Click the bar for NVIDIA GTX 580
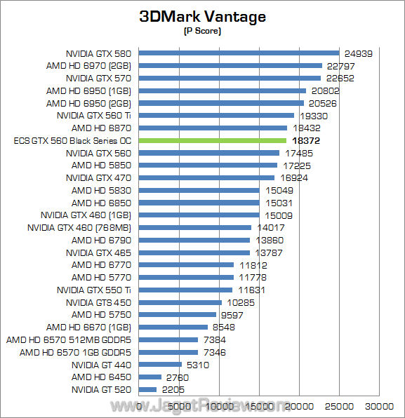(239, 53)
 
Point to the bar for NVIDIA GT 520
(148, 389)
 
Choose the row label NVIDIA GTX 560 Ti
(94, 115)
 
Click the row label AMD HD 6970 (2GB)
(89, 65)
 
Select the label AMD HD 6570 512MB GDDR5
(69, 339)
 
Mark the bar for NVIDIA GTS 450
(180, 302)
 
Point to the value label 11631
(251, 290)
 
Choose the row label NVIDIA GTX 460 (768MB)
(79, 227)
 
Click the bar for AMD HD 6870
(213, 128)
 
